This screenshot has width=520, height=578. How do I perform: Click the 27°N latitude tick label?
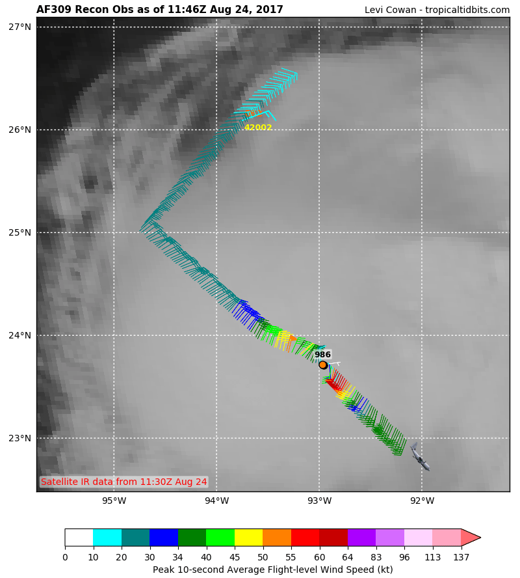(19, 27)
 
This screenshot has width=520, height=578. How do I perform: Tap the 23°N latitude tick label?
(19, 438)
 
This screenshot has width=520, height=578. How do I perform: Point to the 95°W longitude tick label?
(114, 501)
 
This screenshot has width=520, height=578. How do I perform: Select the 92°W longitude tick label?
(422, 501)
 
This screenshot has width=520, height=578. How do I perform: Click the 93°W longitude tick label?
(319, 501)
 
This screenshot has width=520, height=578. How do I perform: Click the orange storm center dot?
(323, 365)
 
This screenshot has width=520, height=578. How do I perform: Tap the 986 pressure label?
(323, 355)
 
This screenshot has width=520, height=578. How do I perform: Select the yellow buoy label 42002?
(258, 128)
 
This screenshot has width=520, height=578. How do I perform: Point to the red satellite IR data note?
(123, 482)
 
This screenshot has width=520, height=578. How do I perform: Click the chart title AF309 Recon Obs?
(160, 10)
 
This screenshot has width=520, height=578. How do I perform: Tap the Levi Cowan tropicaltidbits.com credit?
(437, 10)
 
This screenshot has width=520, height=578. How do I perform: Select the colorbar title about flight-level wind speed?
(273, 570)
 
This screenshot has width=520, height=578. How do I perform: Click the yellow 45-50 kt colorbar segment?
(248, 537)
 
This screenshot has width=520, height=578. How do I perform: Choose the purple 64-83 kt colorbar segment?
(361, 537)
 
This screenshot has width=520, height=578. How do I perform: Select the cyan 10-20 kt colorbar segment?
(107, 537)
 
